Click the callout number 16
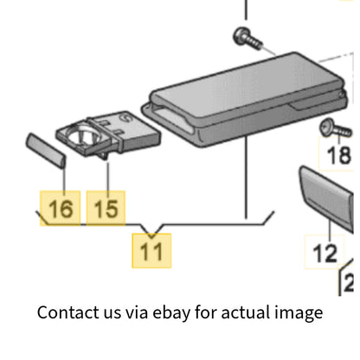click(61, 209)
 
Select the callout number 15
click(106, 209)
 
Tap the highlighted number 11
click(151, 251)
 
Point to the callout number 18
click(339, 155)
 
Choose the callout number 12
click(325, 254)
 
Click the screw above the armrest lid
click(247, 39)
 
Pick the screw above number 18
click(336, 129)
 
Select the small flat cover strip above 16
click(46, 151)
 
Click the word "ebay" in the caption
click(171, 312)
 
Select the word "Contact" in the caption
click(68, 312)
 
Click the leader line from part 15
click(108, 177)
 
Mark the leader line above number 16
click(64, 179)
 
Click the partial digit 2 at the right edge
click(349, 283)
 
